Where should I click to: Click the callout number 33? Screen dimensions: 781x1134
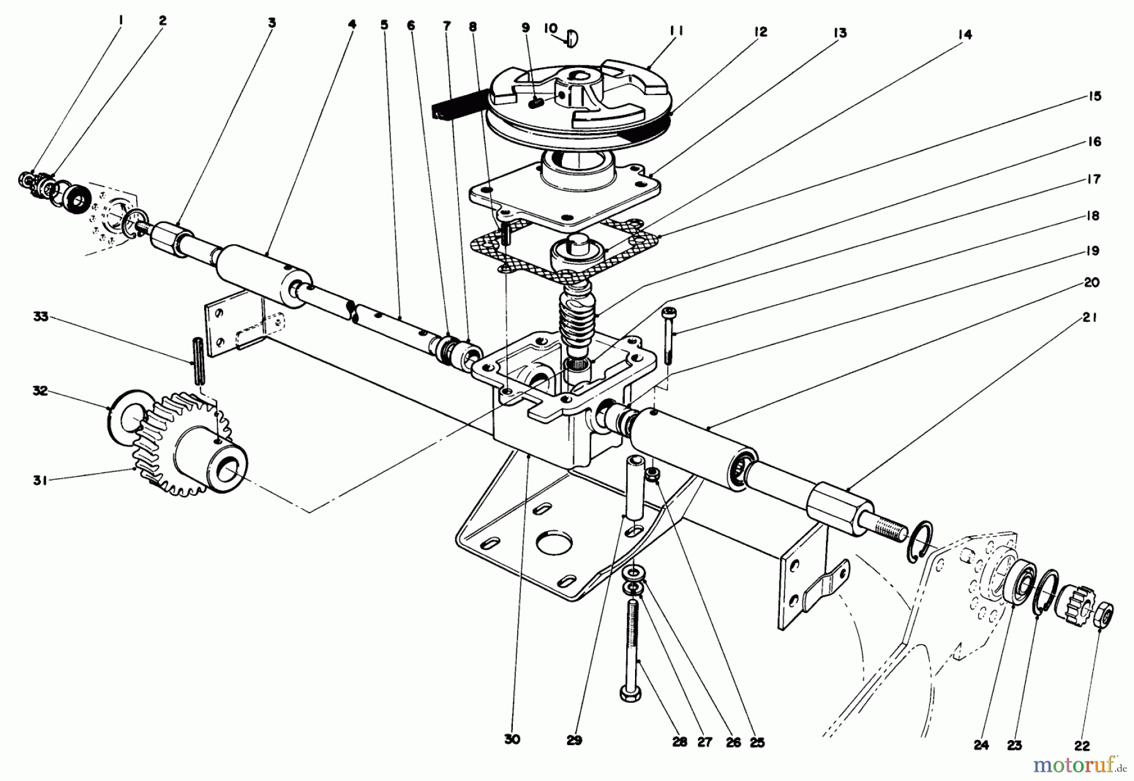pyautogui.click(x=40, y=317)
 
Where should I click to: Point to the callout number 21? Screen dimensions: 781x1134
pyautogui.click(x=1091, y=319)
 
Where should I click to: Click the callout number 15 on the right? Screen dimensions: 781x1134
pyautogui.click(x=1094, y=96)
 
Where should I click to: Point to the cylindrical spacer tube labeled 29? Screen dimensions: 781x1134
pyautogui.click(x=634, y=489)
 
